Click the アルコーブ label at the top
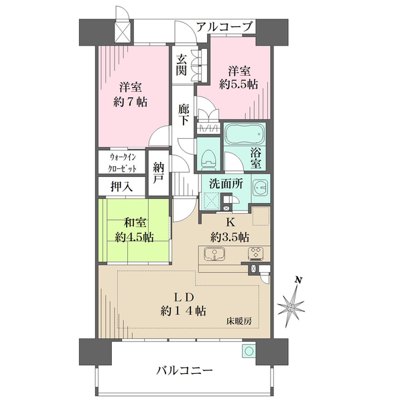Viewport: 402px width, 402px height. [x=225, y=27]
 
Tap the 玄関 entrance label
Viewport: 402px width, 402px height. [x=182, y=64]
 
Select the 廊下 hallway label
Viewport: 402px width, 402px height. [x=184, y=113]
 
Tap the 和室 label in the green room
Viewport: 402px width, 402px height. [x=136, y=224]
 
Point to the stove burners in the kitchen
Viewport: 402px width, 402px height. [x=256, y=253]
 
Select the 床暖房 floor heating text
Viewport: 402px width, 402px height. [x=238, y=322]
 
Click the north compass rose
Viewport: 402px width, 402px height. [x=291, y=305]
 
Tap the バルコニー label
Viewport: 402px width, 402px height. [x=186, y=369]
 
